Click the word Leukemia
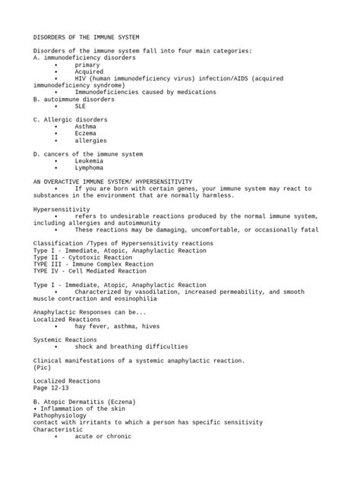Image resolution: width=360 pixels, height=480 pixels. [x=90, y=161]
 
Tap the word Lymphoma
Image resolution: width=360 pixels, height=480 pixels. [x=88, y=168]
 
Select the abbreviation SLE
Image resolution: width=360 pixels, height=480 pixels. [x=80, y=106]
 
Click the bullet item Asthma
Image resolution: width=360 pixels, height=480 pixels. [x=85, y=127]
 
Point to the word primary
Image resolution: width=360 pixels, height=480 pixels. [x=87, y=65]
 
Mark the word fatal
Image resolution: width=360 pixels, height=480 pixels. [x=310, y=229]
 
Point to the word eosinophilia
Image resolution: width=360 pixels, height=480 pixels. [x=144, y=298]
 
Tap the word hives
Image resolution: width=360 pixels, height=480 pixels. [x=144, y=326]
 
